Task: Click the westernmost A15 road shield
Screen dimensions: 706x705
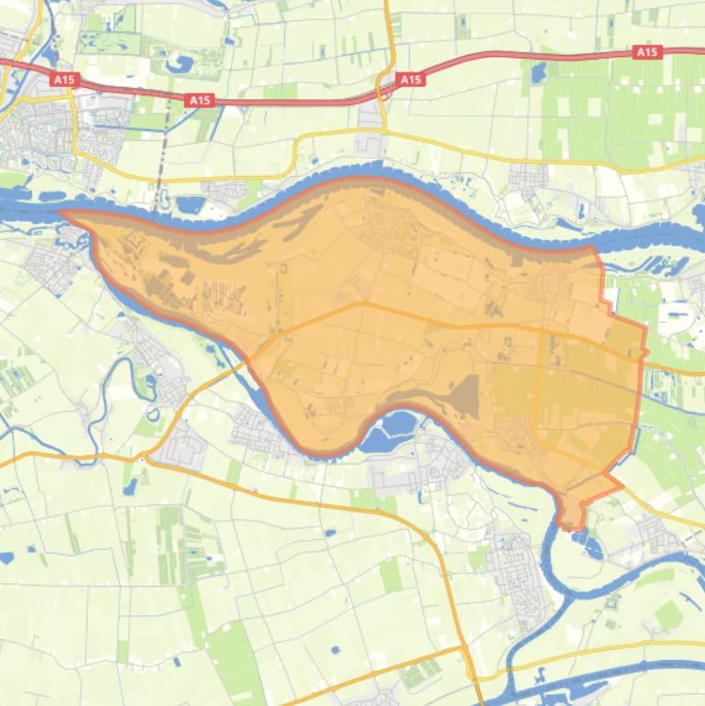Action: tap(63, 80)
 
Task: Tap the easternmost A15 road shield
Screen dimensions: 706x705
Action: tap(647, 52)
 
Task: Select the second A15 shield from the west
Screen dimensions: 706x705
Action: tap(200, 100)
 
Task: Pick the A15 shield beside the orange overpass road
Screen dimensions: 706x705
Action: tap(410, 80)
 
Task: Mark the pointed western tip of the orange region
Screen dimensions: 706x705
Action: tap(62, 214)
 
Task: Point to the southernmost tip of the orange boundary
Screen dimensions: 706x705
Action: tap(573, 528)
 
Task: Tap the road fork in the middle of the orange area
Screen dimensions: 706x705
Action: tap(366, 303)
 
